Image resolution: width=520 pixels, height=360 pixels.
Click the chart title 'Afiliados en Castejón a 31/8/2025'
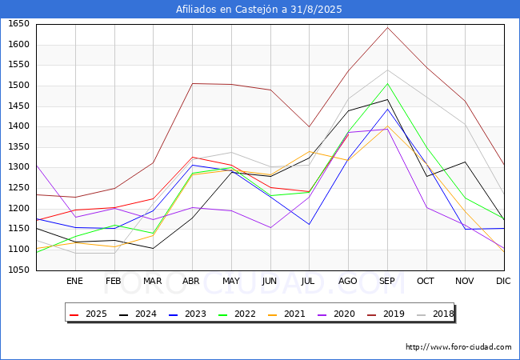coord(258,10)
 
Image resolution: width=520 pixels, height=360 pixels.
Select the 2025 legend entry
coord(89,314)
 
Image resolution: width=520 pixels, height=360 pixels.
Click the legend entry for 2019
coord(386,314)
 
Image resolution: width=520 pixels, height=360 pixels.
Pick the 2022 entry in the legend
coord(237,314)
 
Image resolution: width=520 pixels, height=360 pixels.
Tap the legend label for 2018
coord(435,314)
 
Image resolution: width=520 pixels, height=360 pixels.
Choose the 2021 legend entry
coord(287,314)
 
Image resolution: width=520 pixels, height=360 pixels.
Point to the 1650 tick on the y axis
coord(18,23)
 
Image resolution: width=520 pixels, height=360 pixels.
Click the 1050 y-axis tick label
coord(18,270)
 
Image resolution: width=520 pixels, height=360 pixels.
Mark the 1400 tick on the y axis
coord(18,126)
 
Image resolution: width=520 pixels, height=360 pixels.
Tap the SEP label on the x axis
coord(387,281)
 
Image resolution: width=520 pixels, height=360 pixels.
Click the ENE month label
coord(75,281)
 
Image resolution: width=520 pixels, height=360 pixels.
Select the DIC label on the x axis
coord(503,281)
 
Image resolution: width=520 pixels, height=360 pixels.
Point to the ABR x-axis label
coord(191,281)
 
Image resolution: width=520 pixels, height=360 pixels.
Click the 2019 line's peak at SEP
coord(387,27)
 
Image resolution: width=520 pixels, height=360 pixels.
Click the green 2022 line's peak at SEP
coord(387,83)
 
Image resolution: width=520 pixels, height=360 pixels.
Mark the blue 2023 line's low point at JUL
coord(309,225)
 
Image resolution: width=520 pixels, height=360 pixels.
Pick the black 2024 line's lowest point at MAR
coord(154,248)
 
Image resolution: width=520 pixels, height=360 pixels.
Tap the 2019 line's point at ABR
coord(192,83)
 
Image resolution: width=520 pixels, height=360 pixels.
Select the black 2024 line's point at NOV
coord(466,162)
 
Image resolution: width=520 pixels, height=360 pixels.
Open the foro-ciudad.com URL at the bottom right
coord(458,347)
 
